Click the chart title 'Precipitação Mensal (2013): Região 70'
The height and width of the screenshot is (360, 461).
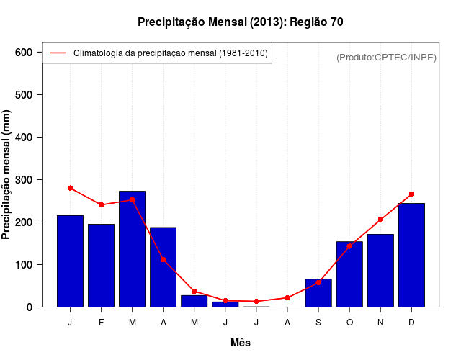[x=241, y=22]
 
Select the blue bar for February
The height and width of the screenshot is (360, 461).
[x=101, y=265]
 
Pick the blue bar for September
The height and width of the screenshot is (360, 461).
[x=318, y=292]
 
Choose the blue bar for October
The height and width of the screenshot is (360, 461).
[x=349, y=274]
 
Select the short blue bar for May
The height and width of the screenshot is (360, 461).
[x=194, y=301]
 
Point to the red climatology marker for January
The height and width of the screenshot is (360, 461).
[x=70, y=188]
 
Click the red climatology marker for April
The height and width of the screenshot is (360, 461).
[x=163, y=259]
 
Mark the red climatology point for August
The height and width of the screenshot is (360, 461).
[x=287, y=297]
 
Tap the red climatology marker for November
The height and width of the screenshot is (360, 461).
[x=380, y=220]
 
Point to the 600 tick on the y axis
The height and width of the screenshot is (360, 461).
[x=28, y=53]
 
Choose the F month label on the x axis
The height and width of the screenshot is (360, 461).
[x=101, y=323]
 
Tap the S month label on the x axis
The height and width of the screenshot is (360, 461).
[x=318, y=323]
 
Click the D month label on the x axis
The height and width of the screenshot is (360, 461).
[x=411, y=323]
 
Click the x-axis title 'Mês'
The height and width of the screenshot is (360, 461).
[x=241, y=343]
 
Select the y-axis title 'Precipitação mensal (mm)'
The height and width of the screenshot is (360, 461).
[x=7, y=175]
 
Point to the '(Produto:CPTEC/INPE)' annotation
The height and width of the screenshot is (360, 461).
[x=386, y=57]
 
